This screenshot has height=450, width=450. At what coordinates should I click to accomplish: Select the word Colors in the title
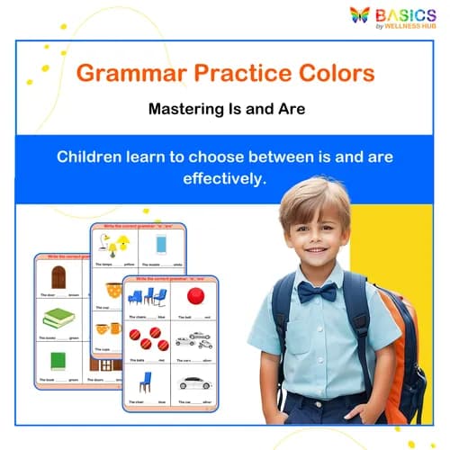click(x=328, y=73)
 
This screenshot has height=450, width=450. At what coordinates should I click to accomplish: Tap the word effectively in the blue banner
click(x=224, y=177)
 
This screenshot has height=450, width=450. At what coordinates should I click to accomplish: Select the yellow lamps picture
click(x=115, y=247)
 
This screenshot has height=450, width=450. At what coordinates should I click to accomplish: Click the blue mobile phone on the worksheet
click(x=161, y=245)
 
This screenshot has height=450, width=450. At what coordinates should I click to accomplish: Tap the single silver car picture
click(x=194, y=382)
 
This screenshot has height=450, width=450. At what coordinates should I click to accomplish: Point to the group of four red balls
click(x=146, y=340)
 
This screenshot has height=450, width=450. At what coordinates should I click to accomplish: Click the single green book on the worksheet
click(x=58, y=361)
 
